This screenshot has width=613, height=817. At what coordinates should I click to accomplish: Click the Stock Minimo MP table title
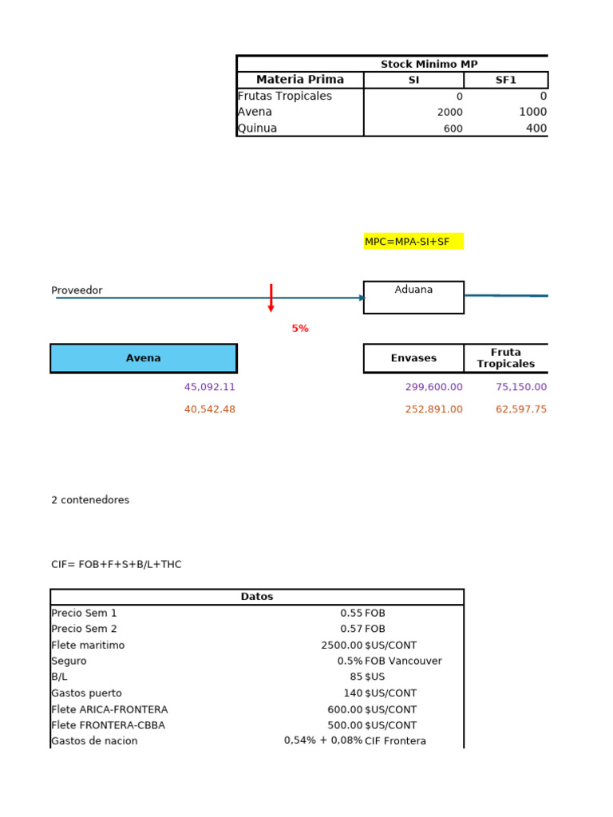click(429, 64)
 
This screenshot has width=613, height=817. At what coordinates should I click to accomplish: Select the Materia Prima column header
click(300, 80)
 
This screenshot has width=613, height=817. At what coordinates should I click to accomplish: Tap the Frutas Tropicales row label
click(285, 96)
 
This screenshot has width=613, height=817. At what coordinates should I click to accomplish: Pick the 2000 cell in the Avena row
click(449, 112)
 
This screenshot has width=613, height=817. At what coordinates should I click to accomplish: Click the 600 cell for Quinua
click(453, 128)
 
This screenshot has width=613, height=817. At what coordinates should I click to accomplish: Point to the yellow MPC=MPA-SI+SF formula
click(413, 241)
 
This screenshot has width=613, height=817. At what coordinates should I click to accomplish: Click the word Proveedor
click(77, 290)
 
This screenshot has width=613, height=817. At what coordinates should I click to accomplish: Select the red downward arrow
click(271, 298)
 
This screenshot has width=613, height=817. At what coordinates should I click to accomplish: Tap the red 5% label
click(300, 328)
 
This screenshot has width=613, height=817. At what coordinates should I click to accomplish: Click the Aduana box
click(413, 297)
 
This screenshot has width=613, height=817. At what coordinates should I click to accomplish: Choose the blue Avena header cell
click(144, 358)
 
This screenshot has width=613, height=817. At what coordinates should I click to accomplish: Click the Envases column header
click(413, 358)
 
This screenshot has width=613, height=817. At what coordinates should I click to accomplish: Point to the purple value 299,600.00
click(434, 387)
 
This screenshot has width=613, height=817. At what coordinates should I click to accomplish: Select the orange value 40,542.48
click(210, 409)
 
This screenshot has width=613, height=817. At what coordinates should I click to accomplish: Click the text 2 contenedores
click(90, 500)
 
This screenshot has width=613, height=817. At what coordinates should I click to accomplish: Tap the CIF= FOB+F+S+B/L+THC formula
click(117, 565)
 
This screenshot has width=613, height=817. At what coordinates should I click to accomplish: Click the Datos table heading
click(257, 597)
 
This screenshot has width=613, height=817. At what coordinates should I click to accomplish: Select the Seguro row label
click(69, 661)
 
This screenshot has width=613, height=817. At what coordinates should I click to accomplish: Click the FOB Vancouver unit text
click(403, 661)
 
